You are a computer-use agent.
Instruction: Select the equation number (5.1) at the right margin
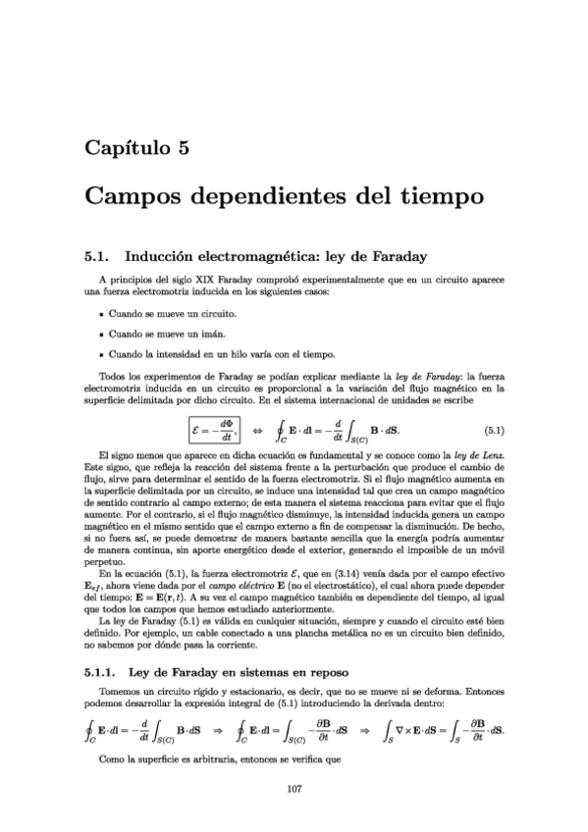click(496, 431)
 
